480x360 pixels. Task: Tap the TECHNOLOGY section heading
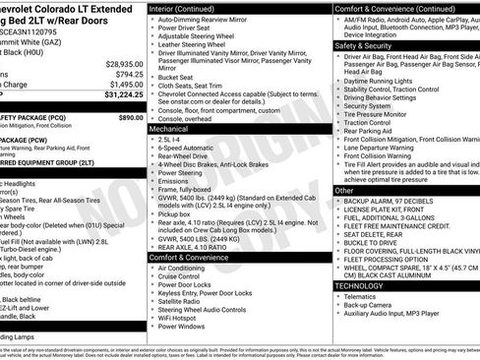point(359,285)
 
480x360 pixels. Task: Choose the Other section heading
point(344,190)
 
